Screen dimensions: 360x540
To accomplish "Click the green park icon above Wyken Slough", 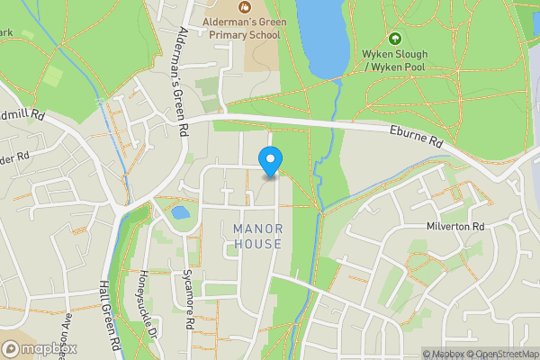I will [x=394, y=40].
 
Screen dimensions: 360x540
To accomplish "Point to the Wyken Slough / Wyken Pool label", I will [x=394, y=60].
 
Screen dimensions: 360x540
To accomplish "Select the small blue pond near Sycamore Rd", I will [x=180, y=213].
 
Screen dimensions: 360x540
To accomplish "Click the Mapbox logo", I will [x=40, y=348].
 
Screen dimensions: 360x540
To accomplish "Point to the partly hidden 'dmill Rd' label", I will [x=23, y=115].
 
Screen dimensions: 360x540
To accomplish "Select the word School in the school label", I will [x=262, y=34].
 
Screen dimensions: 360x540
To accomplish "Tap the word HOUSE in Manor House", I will [x=257, y=244].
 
